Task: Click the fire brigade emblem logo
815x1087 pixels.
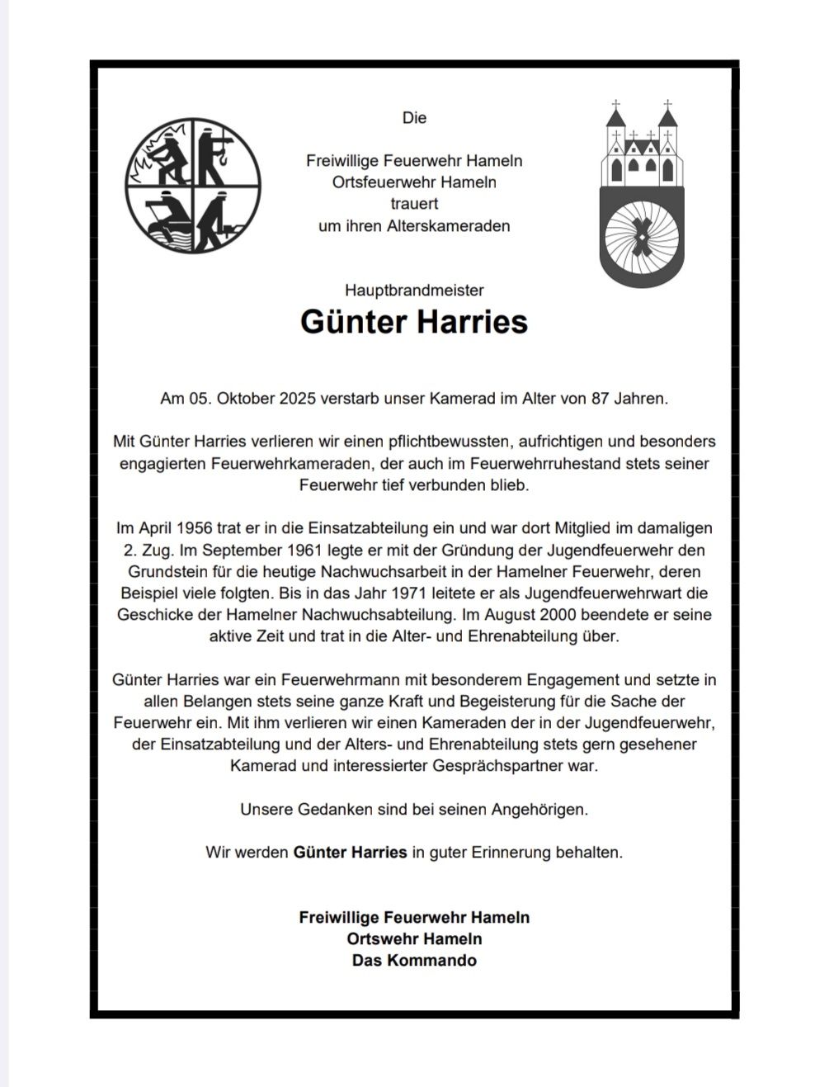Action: click(193, 185)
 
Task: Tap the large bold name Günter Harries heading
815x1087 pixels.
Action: click(414, 321)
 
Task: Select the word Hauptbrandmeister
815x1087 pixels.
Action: click(414, 290)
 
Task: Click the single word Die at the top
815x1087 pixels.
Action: click(414, 118)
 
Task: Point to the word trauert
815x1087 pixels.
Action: click(414, 204)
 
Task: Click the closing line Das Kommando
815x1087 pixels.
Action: click(414, 961)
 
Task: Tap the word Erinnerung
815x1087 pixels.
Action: click(518, 852)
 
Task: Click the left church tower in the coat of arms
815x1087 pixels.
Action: click(615, 140)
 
